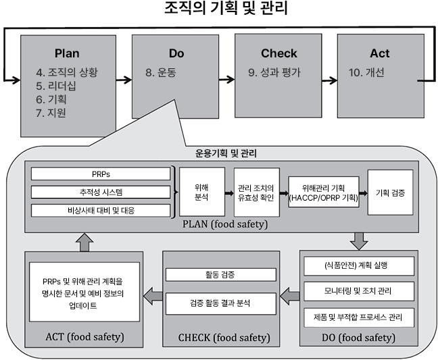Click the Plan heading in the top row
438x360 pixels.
click(67, 53)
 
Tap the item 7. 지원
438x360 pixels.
click(51, 113)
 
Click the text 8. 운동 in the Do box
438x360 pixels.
click(162, 72)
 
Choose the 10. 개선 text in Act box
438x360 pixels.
click(367, 72)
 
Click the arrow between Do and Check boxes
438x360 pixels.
click(226, 78)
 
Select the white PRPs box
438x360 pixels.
click(101, 174)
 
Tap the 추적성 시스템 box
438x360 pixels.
click(101, 192)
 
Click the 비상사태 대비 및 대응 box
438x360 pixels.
click(101, 209)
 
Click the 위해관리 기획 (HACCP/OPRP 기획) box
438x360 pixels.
click(322, 191)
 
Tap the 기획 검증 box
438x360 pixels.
click(391, 192)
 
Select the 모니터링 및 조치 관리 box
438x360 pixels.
click(358, 291)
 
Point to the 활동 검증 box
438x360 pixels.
click(220, 274)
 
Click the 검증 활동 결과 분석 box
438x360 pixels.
click(220, 303)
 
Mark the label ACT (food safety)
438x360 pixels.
click(84, 336)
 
